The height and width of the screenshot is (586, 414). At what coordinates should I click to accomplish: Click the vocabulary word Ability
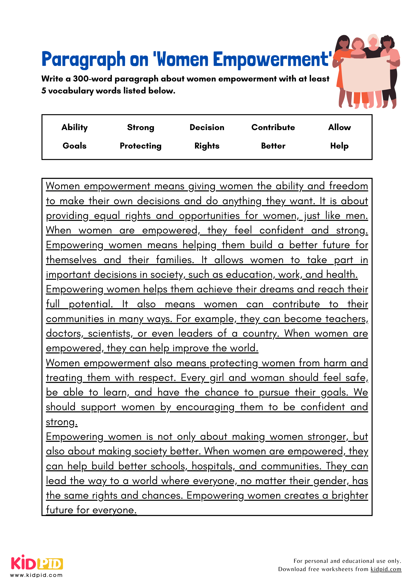(74, 127)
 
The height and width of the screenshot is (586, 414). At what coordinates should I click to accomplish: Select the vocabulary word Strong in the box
(141, 127)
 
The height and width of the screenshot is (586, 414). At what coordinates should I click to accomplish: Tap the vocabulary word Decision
(207, 127)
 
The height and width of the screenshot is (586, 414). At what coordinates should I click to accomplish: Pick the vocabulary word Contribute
(273, 127)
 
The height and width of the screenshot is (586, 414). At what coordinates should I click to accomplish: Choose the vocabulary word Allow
(339, 127)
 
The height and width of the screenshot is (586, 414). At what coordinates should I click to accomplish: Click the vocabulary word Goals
(74, 146)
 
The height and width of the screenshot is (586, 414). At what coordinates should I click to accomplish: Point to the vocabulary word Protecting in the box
(141, 146)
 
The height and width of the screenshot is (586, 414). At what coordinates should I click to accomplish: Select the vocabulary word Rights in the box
(207, 146)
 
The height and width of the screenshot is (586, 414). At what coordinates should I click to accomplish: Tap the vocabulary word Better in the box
(273, 146)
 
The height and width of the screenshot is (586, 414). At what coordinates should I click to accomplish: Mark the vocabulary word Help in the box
(339, 146)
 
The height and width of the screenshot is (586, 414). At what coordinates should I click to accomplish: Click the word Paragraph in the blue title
(83, 59)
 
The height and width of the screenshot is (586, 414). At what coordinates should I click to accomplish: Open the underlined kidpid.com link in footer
(386, 569)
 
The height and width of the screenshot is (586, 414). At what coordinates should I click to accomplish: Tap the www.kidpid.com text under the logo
(36, 575)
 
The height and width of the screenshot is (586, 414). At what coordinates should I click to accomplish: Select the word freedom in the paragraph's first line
(348, 186)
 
